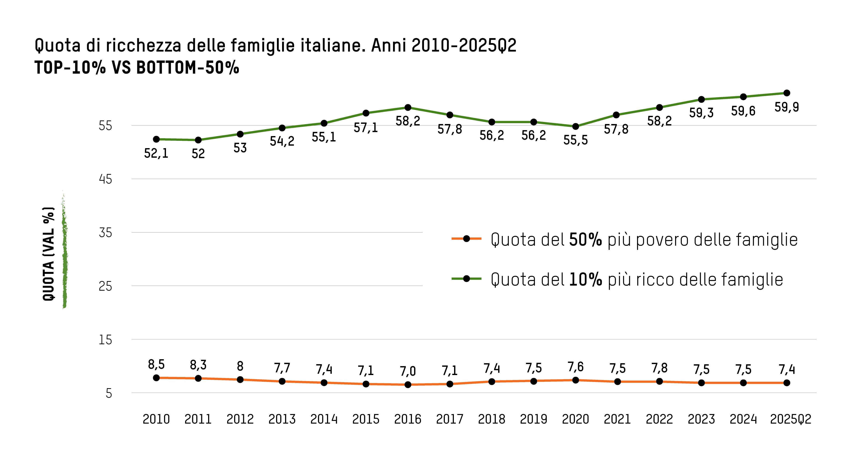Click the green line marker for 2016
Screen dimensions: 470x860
click(408, 107)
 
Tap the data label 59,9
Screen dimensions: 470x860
click(786, 107)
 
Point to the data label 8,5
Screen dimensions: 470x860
click(156, 364)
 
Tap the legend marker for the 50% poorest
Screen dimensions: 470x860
click(466, 239)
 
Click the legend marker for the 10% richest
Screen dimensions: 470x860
click(466, 278)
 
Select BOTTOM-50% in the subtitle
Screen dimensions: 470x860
click(188, 68)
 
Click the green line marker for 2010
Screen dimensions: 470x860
click(156, 139)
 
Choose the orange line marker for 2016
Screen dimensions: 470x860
click(408, 385)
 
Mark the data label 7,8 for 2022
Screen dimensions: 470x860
click(659, 368)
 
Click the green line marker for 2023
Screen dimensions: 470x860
click(701, 99)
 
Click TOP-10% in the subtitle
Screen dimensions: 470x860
click(70, 68)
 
